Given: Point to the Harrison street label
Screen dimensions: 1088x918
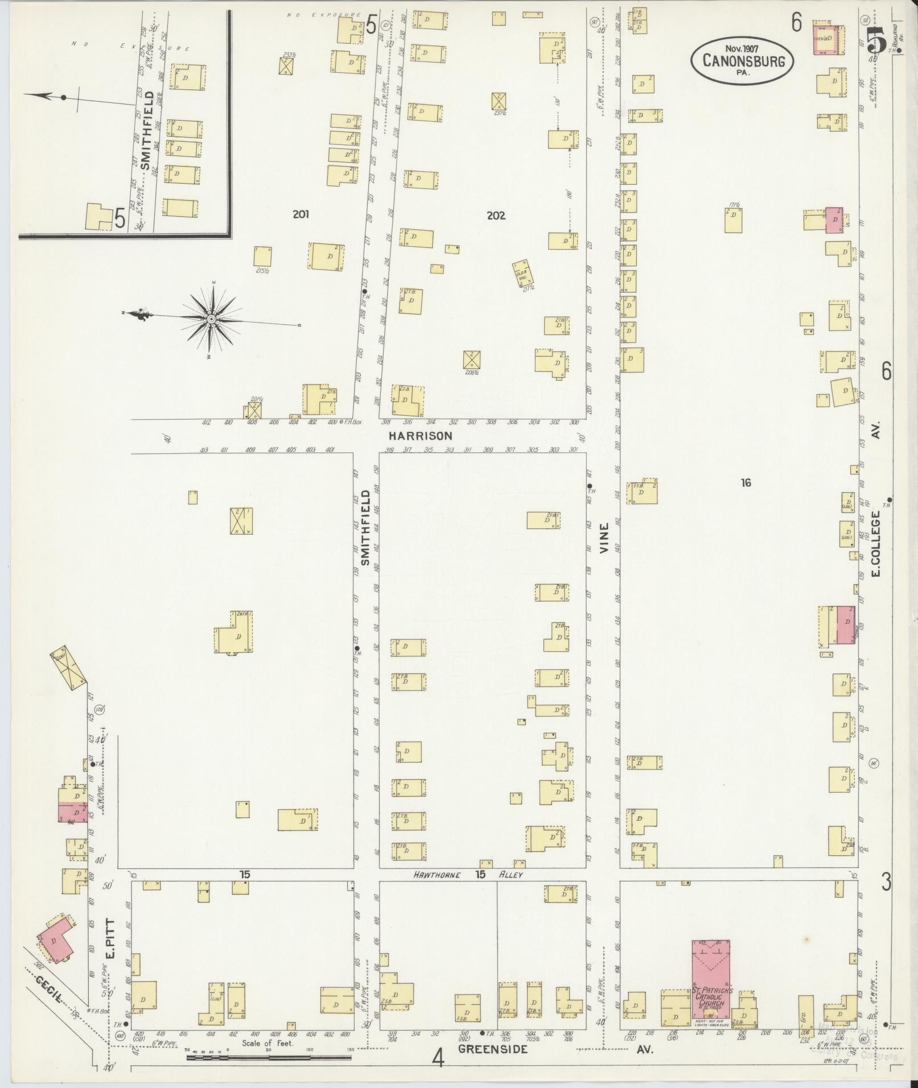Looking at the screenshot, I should pyautogui.click(x=421, y=436).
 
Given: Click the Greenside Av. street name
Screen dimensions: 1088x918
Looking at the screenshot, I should pyautogui.click(x=493, y=1049).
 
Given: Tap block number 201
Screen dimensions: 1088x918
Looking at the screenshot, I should pyautogui.click(x=300, y=214).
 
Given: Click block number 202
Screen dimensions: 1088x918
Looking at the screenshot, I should pyautogui.click(x=496, y=216).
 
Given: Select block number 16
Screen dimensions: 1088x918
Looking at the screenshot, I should pyautogui.click(x=746, y=483).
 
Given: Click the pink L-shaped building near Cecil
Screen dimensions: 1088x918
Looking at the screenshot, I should pyautogui.click(x=55, y=940).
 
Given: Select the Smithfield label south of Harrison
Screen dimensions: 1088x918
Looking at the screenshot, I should pyautogui.click(x=366, y=528).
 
